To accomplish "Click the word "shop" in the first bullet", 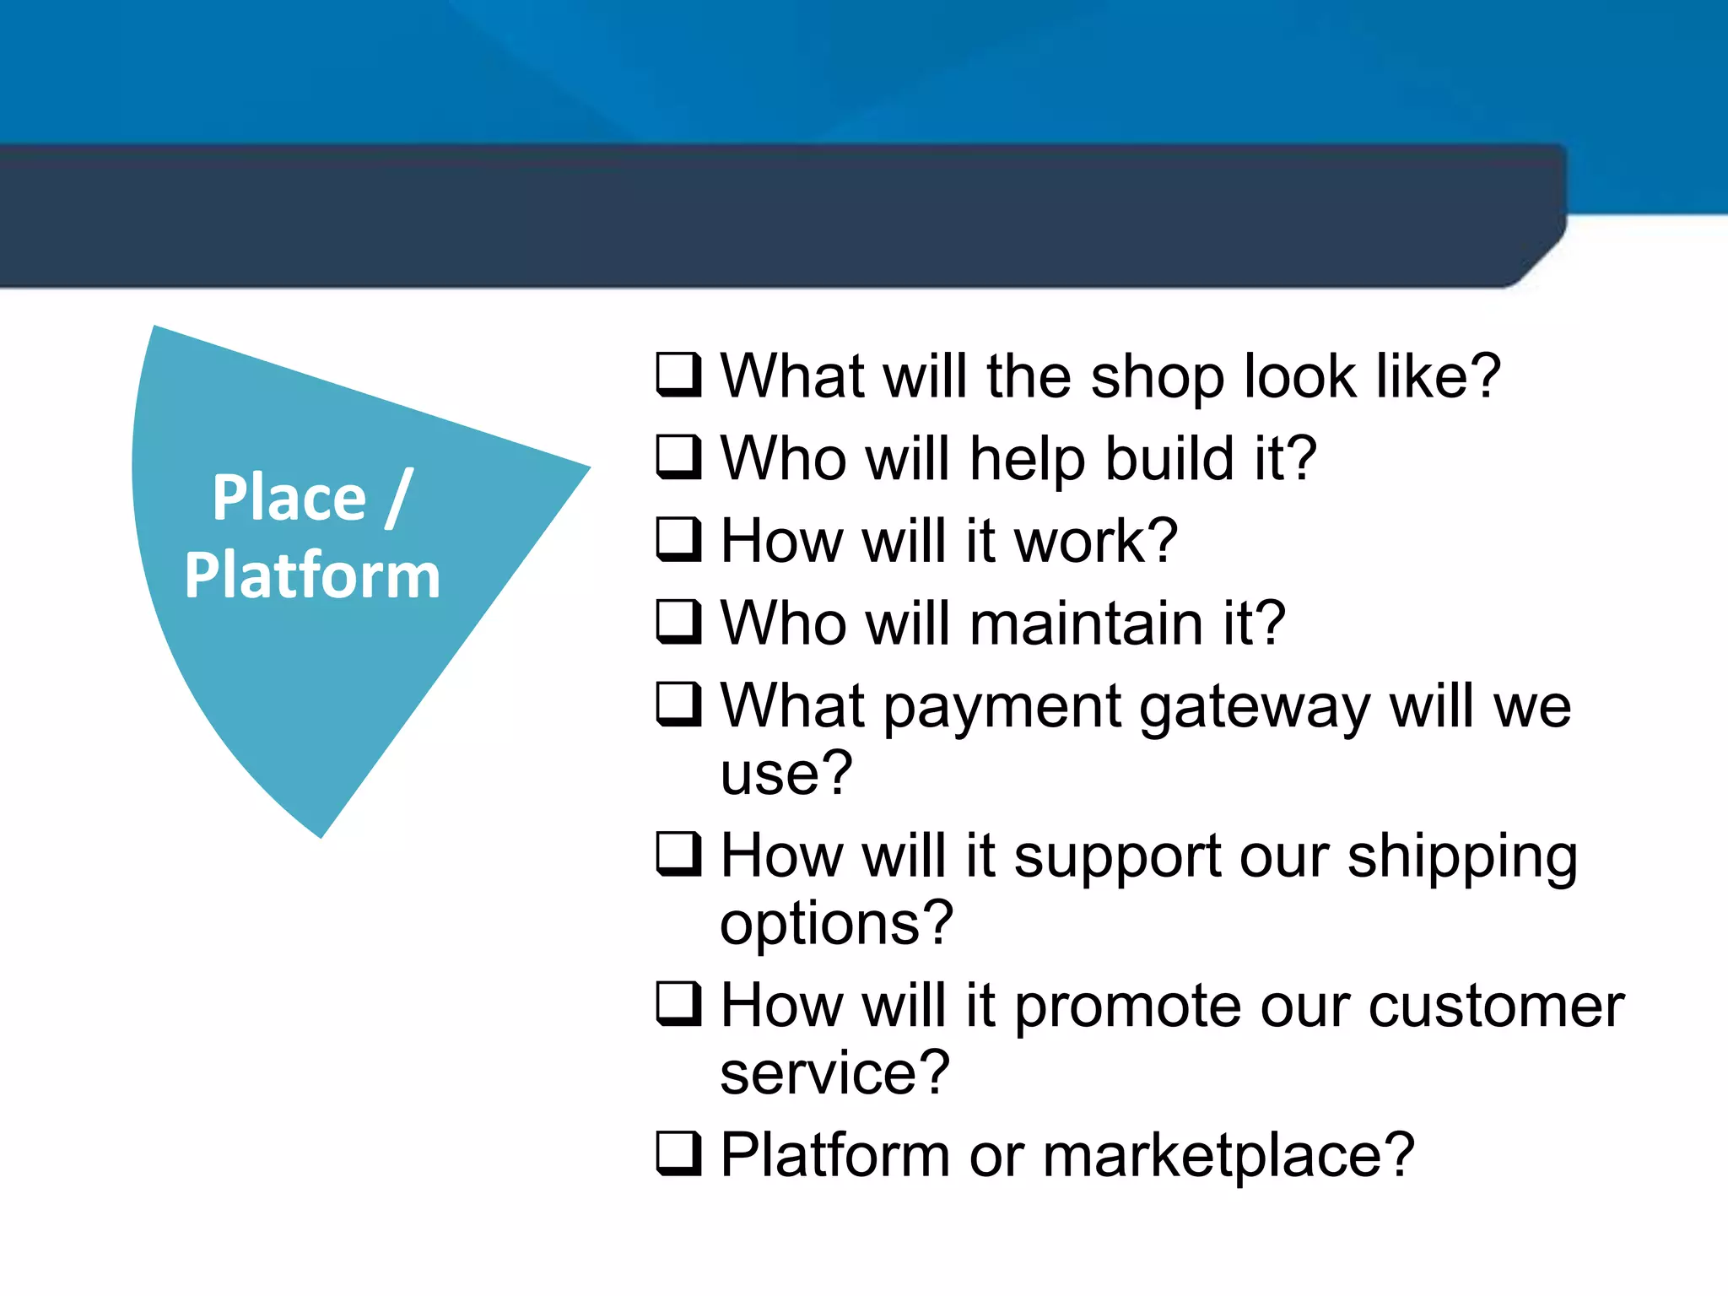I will point(1157,377).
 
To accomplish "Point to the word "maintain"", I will point(1087,624).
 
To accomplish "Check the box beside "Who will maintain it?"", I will point(678,622).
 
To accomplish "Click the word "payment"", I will point(1002,708).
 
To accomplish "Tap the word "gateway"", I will point(1255,708).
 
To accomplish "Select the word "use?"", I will point(786,773).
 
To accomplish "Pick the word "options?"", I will point(835,924).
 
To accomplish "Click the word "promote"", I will point(1127,1007).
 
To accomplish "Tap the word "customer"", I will point(1495,1006).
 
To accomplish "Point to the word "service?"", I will point(834,1072).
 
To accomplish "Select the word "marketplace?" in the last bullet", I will point(1228,1155).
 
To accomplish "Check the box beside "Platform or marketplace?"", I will point(678,1153).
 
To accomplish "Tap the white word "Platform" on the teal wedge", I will point(312,575).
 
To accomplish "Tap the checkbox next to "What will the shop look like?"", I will point(678,375).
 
